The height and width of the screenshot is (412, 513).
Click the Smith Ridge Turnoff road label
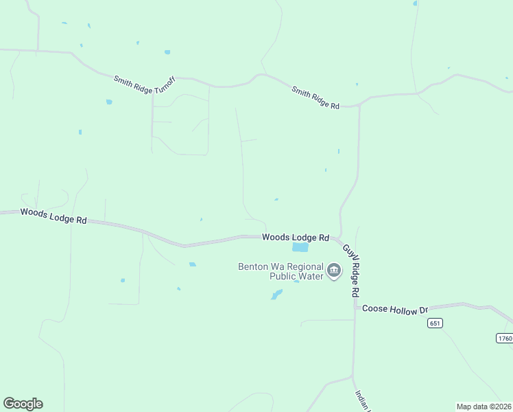[145, 84]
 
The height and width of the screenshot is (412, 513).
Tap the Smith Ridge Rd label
[315, 98]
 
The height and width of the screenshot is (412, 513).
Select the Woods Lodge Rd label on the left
[53, 216]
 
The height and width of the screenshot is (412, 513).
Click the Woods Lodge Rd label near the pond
[296, 237]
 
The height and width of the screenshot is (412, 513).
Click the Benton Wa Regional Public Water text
[280, 272]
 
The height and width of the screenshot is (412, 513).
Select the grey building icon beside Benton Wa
[334, 271]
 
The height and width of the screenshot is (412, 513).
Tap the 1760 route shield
[504, 338]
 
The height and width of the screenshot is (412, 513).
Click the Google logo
[23, 404]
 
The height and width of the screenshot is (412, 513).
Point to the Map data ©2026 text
[484, 407]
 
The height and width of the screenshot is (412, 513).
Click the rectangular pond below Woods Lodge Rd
[300, 248]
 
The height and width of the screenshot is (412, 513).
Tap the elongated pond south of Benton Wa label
[276, 295]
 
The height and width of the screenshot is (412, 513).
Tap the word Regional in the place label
[302, 266]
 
